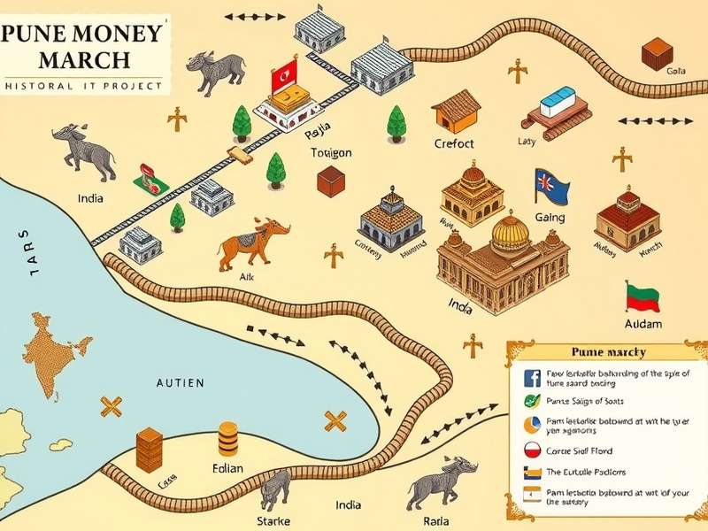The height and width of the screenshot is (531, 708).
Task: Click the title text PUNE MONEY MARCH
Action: pos(84,48)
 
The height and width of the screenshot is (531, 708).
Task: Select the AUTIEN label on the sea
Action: pos(180,382)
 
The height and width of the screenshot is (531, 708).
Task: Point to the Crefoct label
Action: pos(454,143)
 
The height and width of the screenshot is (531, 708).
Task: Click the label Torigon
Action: pos(332,152)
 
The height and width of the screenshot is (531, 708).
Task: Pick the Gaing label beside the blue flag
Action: pos(550,218)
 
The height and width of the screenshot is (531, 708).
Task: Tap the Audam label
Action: pos(643,324)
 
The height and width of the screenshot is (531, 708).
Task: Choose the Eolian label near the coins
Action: pos(227,467)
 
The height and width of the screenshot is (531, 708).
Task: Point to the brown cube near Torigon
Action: pos(330,181)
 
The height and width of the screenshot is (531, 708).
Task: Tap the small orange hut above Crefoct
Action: pos(456,111)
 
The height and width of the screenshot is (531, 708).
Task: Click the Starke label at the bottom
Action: pos(273,520)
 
